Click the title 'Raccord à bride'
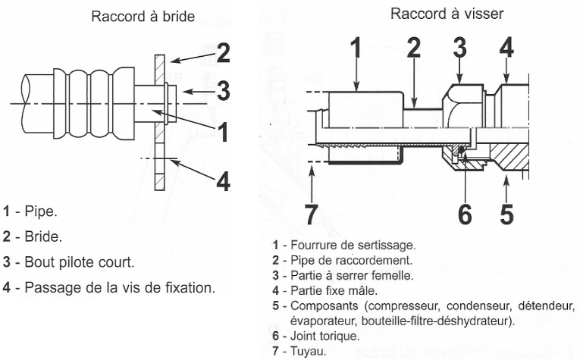[x=143, y=17]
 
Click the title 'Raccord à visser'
[x=447, y=14]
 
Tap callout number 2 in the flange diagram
[x=223, y=52]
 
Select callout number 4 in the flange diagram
[x=223, y=181]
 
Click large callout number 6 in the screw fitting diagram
[x=465, y=214]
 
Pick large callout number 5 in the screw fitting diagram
[x=506, y=214]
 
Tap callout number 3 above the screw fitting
[x=459, y=48]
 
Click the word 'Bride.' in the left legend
[x=43, y=236]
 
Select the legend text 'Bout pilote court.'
[x=80, y=262]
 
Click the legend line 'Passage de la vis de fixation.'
[x=120, y=287]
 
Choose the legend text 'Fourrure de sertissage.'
[x=353, y=245]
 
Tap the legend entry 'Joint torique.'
[x=325, y=336]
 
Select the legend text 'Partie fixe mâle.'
[x=334, y=290]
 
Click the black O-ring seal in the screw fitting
[x=461, y=149]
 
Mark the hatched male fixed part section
[x=509, y=157]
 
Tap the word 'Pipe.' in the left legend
[x=41, y=211]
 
